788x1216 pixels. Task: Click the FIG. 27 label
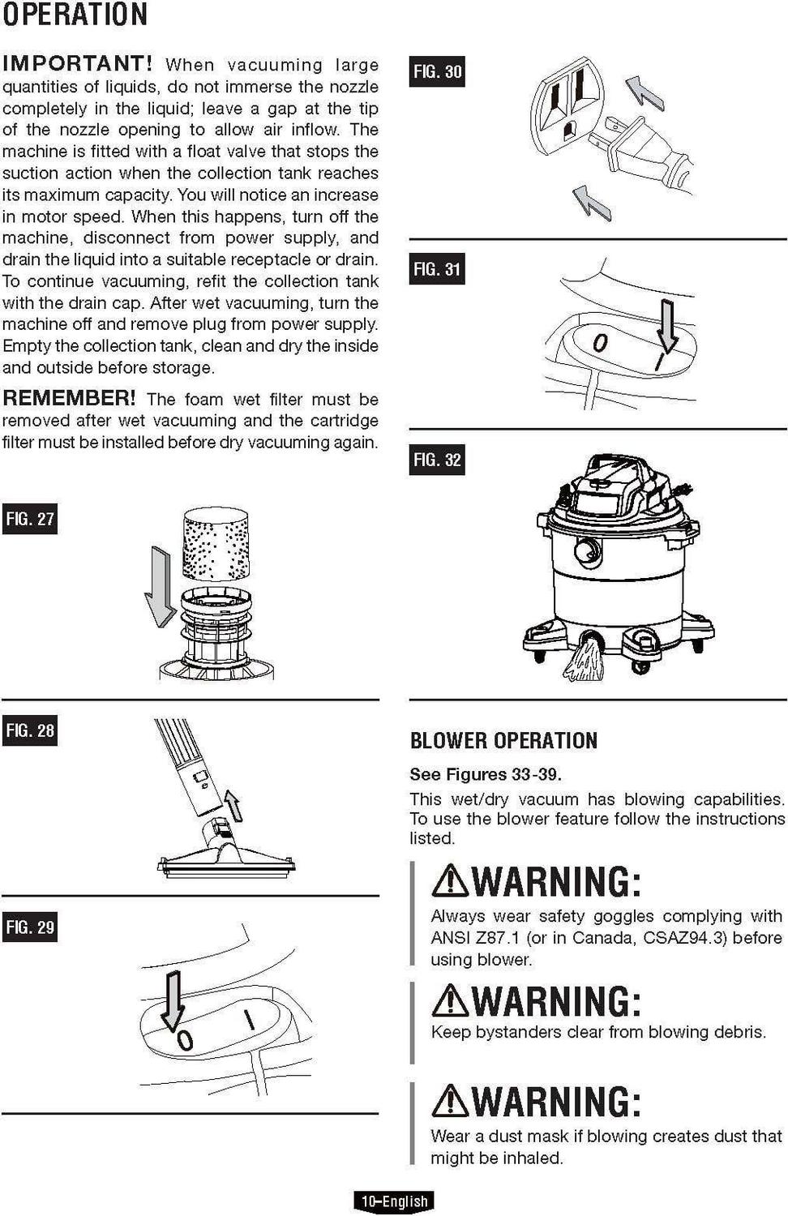pos(30,519)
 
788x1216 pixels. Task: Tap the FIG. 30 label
pos(437,71)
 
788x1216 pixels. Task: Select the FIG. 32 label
pos(437,460)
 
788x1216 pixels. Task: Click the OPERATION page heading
pos(75,15)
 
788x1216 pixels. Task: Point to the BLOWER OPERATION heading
pos(503,740)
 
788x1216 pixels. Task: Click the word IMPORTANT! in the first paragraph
pos(78,63)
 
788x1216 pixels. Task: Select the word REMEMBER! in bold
pos(69,398)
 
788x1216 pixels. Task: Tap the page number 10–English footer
pos(395,1201)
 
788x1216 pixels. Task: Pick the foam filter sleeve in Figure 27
pos(216,544)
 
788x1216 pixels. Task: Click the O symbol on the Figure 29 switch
pos(185,1039)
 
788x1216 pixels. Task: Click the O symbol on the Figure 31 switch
pos(599,343)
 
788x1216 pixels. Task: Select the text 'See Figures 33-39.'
pos(485,774)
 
